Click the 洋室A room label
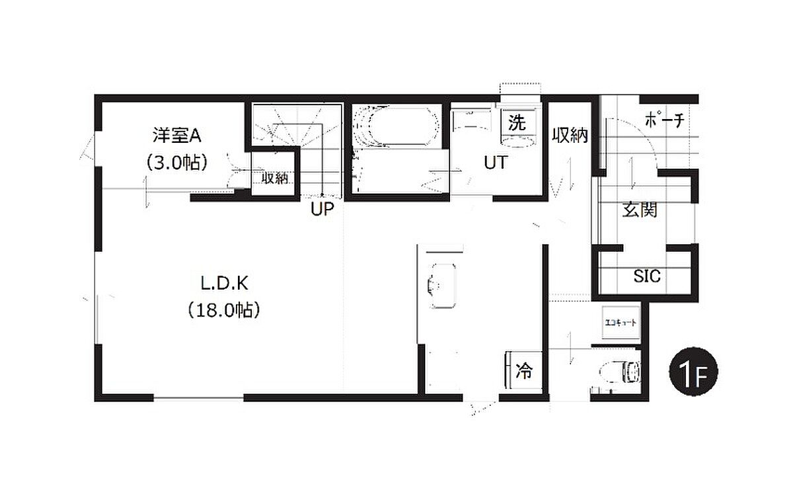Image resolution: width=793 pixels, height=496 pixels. click(x=177, y=135)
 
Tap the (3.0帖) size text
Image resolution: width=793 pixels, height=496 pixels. click(x=177, y=163)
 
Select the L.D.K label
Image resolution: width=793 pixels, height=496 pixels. click(x=225, y=284)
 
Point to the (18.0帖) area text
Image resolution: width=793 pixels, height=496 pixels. click(x=224, y=310)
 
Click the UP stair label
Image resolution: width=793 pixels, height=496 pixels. click(x=322, y=209)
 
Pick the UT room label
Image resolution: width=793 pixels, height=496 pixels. click(x=496, y=163)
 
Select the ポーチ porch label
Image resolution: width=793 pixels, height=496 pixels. click(x=665, y=120)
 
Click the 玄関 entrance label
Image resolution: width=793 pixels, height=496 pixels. click(x=640, y=210)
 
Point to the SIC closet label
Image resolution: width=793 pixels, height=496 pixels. click(x=647, y=276)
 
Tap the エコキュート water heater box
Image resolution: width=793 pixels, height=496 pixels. click(x=621, y=323)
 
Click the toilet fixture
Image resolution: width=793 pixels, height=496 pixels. click(x=621, y=372)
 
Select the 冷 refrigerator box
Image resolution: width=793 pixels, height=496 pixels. click(x=523, y=371)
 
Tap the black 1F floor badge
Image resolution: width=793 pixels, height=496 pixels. click(x=693, y=371)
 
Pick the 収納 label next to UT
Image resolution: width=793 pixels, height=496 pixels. click(x=570, y=136)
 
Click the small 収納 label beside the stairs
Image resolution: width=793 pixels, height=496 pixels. click(x=275, y=179)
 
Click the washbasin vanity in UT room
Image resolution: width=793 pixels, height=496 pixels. click(x=471, y=120)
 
